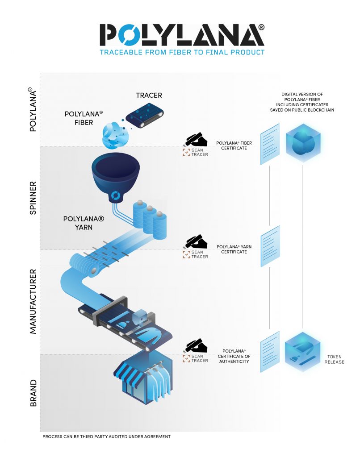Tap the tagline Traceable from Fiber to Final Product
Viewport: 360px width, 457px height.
click(x=182, y=52)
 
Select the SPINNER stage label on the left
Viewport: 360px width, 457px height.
click(x=33, y=198)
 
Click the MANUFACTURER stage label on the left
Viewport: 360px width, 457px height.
click(x=33, y=301)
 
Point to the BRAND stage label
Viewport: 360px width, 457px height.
click(x=33, y=393)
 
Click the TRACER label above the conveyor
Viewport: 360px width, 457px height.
click(x=149, y=96)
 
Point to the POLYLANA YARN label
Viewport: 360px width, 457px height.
click(x=84, y=223)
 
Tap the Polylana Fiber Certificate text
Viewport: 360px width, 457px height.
click(x=234, y=145)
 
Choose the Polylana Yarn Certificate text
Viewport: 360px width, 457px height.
click(x=231, y=249)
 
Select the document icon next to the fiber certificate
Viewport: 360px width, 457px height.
click(x=270, y=144)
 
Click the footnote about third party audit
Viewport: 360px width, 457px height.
click(x=106, y=436)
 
